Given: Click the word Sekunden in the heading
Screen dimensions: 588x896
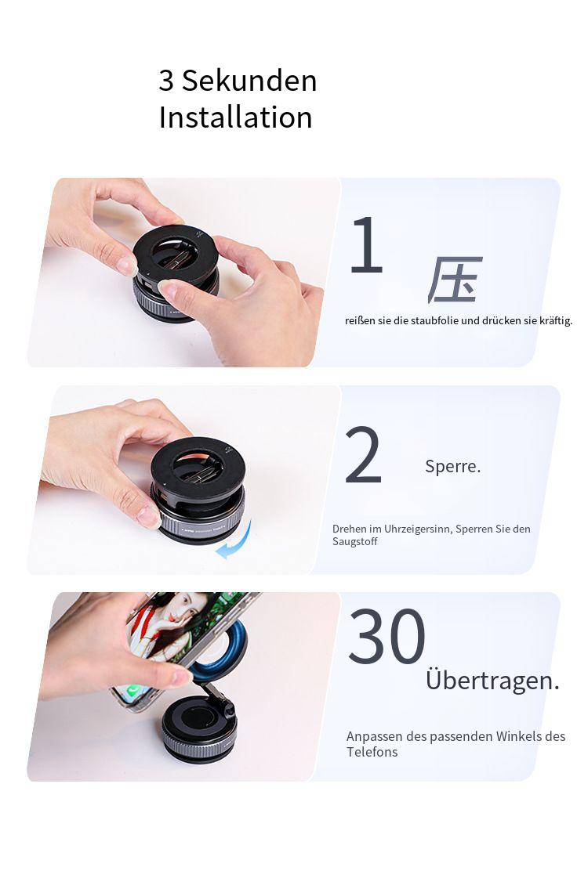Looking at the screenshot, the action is point(249,80).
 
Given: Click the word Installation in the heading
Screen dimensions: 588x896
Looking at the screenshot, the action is point(236,117).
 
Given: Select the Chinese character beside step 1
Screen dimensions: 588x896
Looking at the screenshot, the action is point(455,280).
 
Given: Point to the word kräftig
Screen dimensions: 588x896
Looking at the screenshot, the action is point(556,320).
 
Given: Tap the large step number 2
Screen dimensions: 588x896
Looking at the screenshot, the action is point(363,455).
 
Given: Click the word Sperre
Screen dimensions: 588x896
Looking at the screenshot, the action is point(452,466).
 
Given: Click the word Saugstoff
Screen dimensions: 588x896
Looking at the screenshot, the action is point(354,542).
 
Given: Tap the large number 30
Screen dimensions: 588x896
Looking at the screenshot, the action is point(387,637).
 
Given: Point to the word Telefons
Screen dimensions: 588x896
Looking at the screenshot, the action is point(372,752).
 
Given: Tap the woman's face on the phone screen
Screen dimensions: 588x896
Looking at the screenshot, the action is point(179,610).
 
